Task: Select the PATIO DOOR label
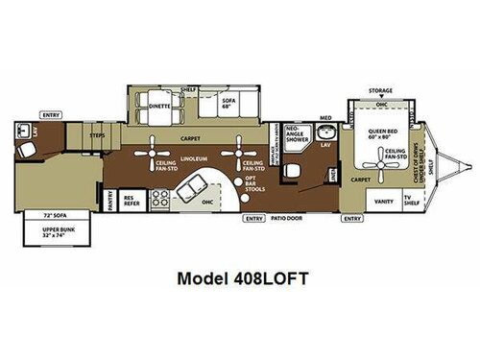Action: point(289,218)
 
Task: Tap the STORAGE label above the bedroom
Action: point(380,91)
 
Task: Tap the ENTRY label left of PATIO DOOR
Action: point(253,218)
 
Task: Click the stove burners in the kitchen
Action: point(160,199)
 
